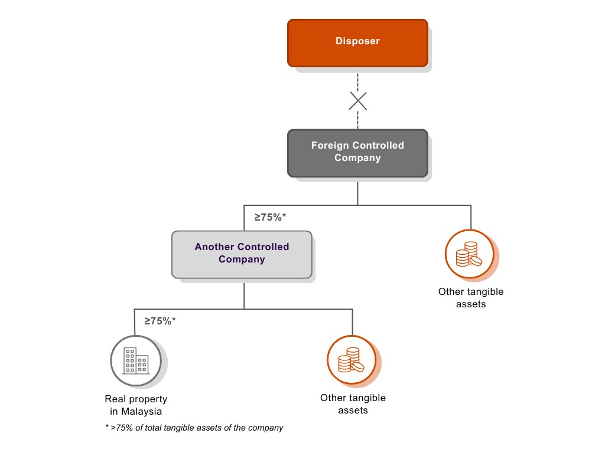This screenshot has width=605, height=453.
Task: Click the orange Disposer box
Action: (x=357, y=42)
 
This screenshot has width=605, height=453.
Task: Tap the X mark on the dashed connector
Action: (x=357, y=101)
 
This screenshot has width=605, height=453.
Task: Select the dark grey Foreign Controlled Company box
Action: (x=357, y=153)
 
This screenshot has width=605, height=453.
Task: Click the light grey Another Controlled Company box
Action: (x=242, y=254)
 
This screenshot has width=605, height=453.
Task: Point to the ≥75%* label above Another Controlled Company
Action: (x=270, y=217)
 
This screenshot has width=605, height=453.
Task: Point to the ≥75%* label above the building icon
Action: (x=160, y=321)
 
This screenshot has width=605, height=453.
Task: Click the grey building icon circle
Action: (x=135, y=360)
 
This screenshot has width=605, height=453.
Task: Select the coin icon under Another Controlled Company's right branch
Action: (x=352, y=360)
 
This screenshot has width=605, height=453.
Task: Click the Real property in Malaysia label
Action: (x=136, y=405)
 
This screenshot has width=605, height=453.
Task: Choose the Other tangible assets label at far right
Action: (x=471, y=298)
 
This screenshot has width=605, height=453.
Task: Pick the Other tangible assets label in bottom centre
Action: (x=353, y=404)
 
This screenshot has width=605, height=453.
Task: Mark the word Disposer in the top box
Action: (x=357, y=41)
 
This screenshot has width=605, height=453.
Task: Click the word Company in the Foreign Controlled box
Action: (x=357, y=158)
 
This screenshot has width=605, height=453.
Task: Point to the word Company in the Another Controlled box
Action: (x=242, y=260)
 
